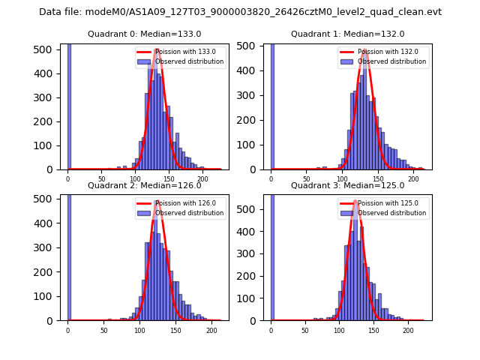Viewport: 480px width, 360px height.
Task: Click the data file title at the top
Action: pyautogui.click(x=240, y=12)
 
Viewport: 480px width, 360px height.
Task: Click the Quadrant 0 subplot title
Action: pyautogui.click(x=144, y=34)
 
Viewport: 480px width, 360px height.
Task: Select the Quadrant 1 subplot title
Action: pyautogui.click(x=347, y=34)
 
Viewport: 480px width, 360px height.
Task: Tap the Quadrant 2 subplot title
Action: pyautogui.click(x=144, y=185)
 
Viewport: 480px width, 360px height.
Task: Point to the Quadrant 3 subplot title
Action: pyautogui.click(x=347, y=185)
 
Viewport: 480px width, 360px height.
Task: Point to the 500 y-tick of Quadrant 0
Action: pyautogui.click(x=49, y=49)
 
